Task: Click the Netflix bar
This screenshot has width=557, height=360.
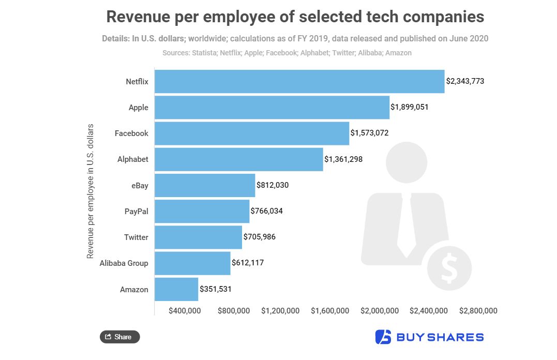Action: click(299, 81)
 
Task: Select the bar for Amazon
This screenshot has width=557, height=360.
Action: click(176, 289)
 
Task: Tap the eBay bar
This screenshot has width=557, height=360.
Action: click(205, 185)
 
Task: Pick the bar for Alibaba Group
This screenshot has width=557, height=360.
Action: click(192, 263)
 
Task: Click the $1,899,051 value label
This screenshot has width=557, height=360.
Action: click(410, 107)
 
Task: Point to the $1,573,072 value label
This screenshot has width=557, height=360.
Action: click(369, 133)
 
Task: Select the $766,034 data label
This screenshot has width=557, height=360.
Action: click(266, 211)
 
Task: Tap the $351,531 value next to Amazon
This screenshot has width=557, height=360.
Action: click(216, 289)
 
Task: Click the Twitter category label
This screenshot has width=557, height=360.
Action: click(136, 237)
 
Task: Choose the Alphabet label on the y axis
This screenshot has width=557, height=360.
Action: click(133, 159)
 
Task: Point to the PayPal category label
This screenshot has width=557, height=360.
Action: click(137, 211)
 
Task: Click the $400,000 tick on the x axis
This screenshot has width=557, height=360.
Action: click(185, 311)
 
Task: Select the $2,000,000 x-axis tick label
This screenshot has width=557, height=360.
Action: click(380, 311)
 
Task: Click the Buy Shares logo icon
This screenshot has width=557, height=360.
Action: click(383, 337)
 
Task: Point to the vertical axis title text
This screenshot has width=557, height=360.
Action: click(91, 191)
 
